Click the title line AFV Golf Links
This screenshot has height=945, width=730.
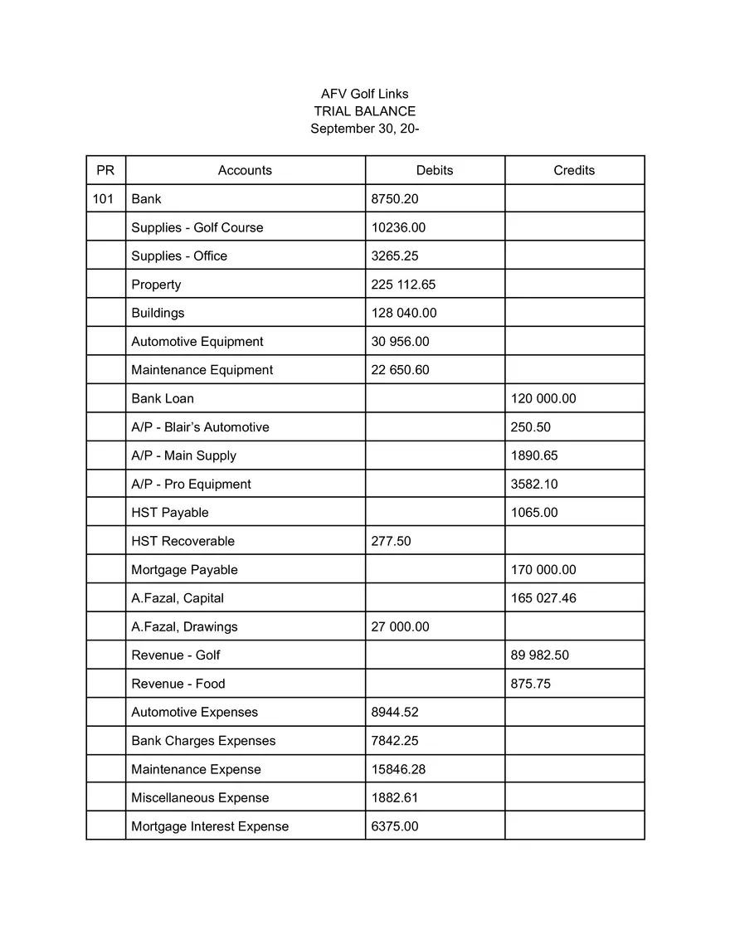[x=364, y=94]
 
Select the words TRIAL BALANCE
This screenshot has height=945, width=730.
[x=364, y=111]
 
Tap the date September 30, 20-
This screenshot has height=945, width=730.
[x=364, y=129]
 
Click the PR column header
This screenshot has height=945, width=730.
[x=105, y=170]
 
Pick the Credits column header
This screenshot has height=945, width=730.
[x=574, y=170]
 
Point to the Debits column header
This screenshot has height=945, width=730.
[x=435, y=170]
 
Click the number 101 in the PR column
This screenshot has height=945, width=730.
[x=103, y=199]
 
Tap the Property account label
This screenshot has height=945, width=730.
[x=156, y=285]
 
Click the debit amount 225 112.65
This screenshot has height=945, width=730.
[x=403, y=285]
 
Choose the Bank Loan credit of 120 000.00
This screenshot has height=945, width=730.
[x=543, y=398]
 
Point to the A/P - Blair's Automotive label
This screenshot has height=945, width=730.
[x=200, y=427]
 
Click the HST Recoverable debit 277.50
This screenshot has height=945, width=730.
[x=391, y=541]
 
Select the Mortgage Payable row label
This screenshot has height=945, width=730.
[x=184, y=570]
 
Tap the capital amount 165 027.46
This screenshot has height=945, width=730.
[x=543, y=598]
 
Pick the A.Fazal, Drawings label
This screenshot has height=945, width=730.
[x=184, y=627]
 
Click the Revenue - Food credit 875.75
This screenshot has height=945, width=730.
[x=531, y=684]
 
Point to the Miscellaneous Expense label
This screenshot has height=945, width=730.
[x=200, y=798]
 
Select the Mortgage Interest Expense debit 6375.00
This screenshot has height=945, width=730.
[x=395, y=826]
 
